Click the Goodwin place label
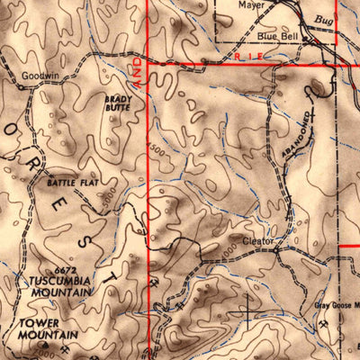click(x=40, y=76)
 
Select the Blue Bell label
click(x=277, y=36)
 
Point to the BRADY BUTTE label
click(x=117, y=103)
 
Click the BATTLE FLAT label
click(x=68, y=184)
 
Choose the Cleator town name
click(x=258, y=242)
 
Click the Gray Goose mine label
click(x=337, y=303)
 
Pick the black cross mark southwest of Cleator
click(x=247, y=312)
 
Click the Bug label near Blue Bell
click(x=322, y=19)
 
